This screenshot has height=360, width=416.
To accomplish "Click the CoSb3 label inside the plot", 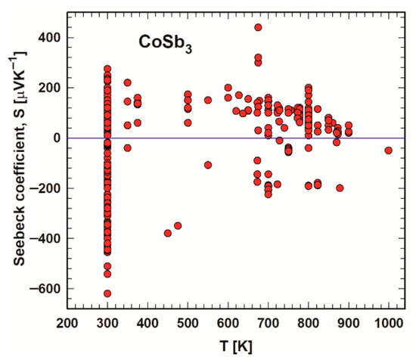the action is pos(166,44).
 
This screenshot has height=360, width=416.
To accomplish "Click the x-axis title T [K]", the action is pos(236,346).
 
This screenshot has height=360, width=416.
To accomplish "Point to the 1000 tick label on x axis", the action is pos(389,324).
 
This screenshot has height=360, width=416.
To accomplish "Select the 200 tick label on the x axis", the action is pos(67,324).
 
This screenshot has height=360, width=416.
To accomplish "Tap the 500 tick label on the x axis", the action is pos(188,324).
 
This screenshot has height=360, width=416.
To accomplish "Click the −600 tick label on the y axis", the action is pos(45,289).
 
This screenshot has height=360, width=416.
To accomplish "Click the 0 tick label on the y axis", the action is pos(57,138).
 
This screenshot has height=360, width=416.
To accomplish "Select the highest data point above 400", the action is pos(258,27).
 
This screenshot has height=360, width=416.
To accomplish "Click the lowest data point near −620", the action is pos(107,293).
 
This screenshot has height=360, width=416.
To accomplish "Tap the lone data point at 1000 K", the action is pos(389,151).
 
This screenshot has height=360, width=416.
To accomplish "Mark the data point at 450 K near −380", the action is pos(168,233).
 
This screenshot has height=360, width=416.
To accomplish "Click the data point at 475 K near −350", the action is pos(178,226).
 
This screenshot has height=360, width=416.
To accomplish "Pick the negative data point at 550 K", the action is pos(208,165).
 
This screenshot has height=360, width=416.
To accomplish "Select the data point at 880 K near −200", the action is pos(340,188).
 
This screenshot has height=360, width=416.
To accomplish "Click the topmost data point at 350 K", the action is pos(128,82).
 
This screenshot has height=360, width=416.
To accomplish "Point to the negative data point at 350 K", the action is pos(128,147).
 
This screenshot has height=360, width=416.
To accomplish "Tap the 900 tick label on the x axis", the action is pos(349,324).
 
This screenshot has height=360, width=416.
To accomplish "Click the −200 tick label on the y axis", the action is pos(45,188).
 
